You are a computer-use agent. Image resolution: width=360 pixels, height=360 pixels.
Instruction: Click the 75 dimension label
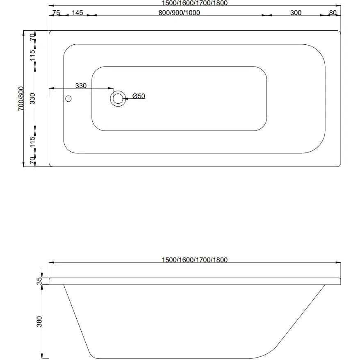tap(56, 13)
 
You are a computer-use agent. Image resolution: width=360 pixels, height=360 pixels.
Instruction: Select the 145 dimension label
tap(77, 13)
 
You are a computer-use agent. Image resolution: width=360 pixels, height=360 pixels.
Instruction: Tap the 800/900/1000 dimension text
tap(179, 13)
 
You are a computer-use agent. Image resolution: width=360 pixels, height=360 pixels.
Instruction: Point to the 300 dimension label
tap(296, 13)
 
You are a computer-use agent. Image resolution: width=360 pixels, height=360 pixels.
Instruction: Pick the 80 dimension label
tap(333, 13)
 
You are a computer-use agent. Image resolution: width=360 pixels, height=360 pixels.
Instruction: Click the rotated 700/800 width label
tap(21, 99)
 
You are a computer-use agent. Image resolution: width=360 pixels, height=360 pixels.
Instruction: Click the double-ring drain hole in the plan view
tap(118, 98)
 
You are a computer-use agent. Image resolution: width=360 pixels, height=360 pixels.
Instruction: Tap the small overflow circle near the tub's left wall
tap(68, 98)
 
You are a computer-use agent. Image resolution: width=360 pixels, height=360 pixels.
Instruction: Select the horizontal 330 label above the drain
tap(81, 86)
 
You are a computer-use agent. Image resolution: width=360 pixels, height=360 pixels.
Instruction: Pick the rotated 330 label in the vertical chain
tap(33, 99)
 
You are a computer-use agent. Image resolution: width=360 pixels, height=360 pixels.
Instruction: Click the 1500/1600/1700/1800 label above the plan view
tap(194, 3)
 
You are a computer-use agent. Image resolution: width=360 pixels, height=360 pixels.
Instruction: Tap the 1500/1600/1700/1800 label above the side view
tap(194, 260)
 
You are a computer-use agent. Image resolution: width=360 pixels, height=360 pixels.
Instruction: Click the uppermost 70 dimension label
tap(33, 37)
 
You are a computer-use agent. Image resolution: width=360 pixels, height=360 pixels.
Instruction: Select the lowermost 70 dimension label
tap(33, 160)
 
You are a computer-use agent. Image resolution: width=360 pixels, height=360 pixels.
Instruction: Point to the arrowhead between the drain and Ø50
tap(126, 98)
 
